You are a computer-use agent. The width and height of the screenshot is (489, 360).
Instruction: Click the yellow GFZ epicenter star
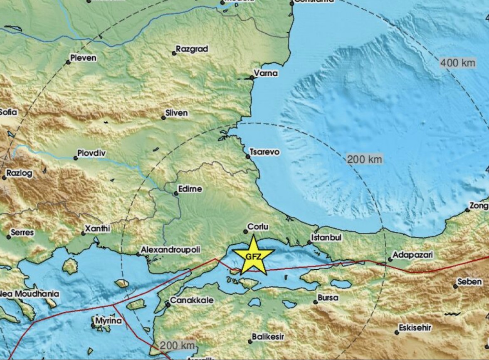pos(253,256)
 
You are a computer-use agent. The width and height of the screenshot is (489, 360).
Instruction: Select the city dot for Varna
pos(252,77)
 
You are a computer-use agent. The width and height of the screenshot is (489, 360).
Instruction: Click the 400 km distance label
pos(457,63)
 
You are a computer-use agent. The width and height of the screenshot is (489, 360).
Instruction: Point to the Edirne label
pos(190,189)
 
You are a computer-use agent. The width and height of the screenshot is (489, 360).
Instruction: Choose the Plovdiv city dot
pos(76,158)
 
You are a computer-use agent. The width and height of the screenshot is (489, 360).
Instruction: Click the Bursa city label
pos(328,298)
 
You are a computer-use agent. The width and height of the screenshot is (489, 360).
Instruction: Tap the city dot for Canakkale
pos(168,305)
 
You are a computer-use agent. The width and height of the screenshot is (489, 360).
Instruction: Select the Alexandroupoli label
pos(170,250)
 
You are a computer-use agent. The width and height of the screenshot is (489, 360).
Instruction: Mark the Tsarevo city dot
pos(248,157)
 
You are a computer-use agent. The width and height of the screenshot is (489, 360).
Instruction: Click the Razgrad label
pos(192,49)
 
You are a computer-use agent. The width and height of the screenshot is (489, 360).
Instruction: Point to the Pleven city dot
pos(68,62)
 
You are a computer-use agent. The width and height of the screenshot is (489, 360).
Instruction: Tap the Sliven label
pos(176,113)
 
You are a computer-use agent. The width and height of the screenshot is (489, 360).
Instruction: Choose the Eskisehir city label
pos(415,328)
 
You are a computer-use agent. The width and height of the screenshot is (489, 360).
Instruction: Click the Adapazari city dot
pos(390,259)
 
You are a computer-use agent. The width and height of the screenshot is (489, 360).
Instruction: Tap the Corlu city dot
pos(245,231)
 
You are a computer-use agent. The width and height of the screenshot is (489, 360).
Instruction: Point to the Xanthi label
pos(97,228)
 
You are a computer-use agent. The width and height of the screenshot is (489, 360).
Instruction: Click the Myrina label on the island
pos(108,321)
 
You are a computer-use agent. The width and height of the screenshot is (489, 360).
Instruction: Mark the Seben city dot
pos(456,286)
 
